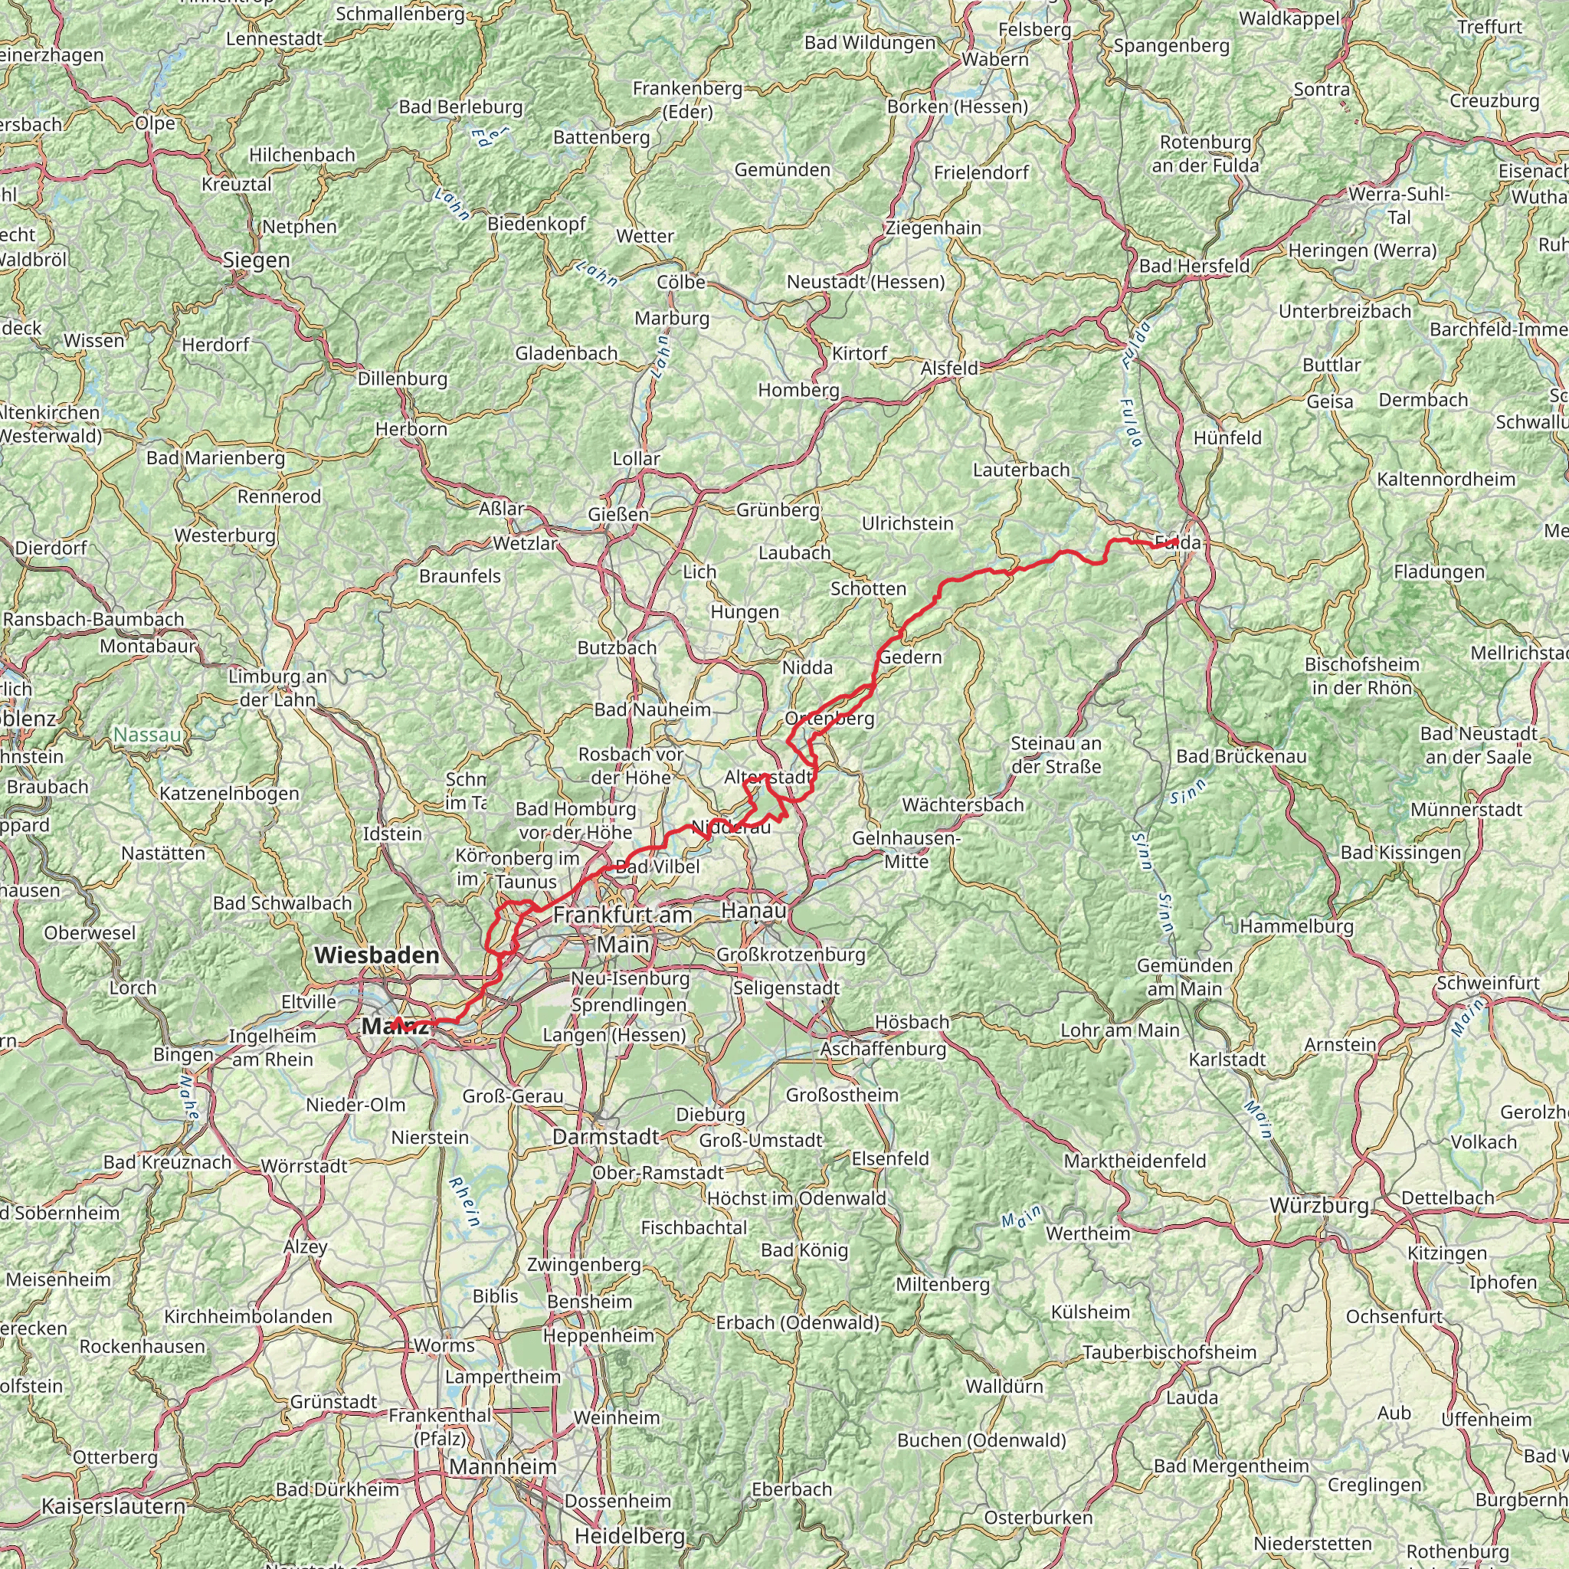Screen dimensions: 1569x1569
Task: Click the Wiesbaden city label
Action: (x=376, y=955)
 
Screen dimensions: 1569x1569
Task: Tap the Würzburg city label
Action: (x=1320, y=1206)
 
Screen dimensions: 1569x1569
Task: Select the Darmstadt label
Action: (x=605, y=1137)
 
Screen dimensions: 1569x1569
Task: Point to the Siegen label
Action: (x=257, y=260)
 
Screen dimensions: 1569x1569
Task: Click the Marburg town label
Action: (x=672, y=319)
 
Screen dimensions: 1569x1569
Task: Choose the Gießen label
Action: (x=619, y=515)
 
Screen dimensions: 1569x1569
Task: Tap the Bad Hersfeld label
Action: (x=1194, y=267)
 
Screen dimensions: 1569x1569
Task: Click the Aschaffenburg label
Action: (x=883, y=1049)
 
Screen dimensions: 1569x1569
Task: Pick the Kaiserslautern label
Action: (x=113, y=1506)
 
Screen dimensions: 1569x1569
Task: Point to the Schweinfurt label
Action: (x=1488, y=983)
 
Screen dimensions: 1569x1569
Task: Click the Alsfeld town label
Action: (x=949, y=369)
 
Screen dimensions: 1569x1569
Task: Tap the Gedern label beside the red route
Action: (x=910, y=657)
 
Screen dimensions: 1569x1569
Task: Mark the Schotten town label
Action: (x=868, y=589)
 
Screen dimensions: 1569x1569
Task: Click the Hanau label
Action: (x=754, y=911)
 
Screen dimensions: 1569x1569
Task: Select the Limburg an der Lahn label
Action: (x=278, y=688)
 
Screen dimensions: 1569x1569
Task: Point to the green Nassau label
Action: (x=147, y=735)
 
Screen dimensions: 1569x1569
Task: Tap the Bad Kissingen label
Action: (x=1400, y=853)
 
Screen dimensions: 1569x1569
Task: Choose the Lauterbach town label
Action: (x=1020, y=470)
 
